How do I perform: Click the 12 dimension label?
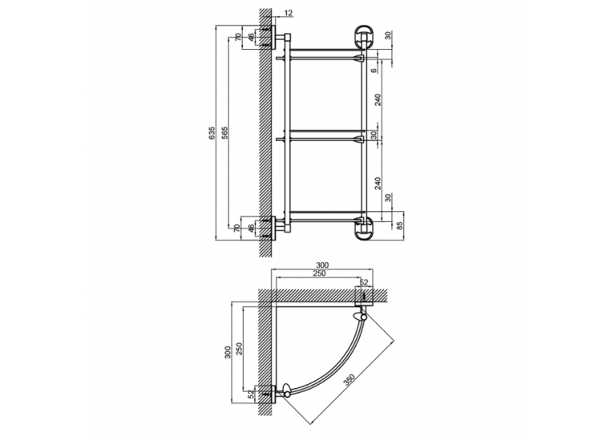tap(288, 13)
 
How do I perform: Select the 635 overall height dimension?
tap(212, 133)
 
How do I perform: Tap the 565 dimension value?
tap(224, 133)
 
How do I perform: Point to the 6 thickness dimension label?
tap(374, 71)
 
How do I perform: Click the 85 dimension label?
tap(399, 226)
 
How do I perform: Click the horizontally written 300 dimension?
tap(322, 265)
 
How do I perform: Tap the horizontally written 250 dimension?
tap(320, 273)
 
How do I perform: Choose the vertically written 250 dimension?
tap(240, 349)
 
